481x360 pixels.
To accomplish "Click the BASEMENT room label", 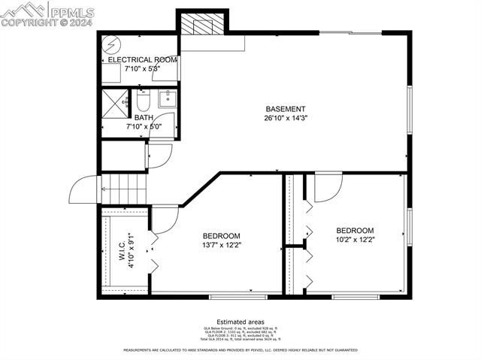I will (x=285, y=109).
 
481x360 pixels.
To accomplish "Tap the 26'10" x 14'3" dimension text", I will (x=285, y=118).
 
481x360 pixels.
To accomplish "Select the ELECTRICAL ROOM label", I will (x=142, y=59).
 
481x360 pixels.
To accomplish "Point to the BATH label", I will (x=143, y=118).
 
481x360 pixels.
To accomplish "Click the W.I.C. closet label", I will (x=121, y=250).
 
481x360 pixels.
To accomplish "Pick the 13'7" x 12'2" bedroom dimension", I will (x=221, y=244).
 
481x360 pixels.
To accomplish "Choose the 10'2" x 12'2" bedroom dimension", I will (x=355, y=239).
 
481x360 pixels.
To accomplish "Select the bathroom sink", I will (x=166, y=98).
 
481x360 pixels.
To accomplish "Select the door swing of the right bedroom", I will (x=327, y=188).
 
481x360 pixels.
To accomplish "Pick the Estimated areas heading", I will (x=240, y=321).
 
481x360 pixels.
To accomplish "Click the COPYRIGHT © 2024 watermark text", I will (x=47, y=23).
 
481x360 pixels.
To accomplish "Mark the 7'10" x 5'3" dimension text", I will (x=142, y=68).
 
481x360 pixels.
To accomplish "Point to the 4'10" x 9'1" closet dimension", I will (x=131, y=250).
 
